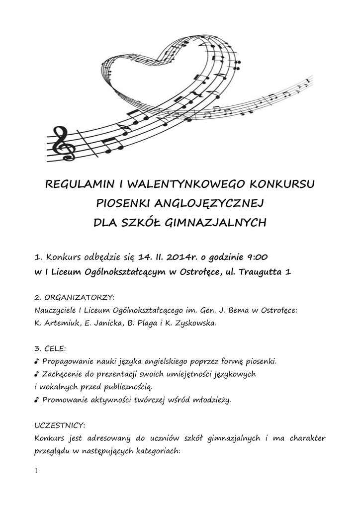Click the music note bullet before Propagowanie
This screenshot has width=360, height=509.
37,361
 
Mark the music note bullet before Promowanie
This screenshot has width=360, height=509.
37,400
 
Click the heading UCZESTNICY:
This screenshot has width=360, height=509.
60,425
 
